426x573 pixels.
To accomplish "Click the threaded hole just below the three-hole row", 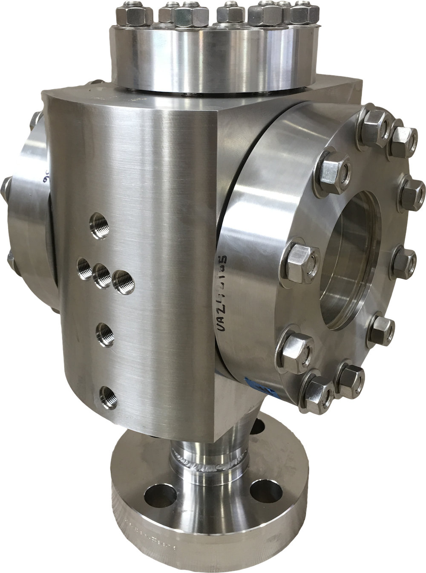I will click(x=105, y=334).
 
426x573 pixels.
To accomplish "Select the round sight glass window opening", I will click(x=347, y=260).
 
